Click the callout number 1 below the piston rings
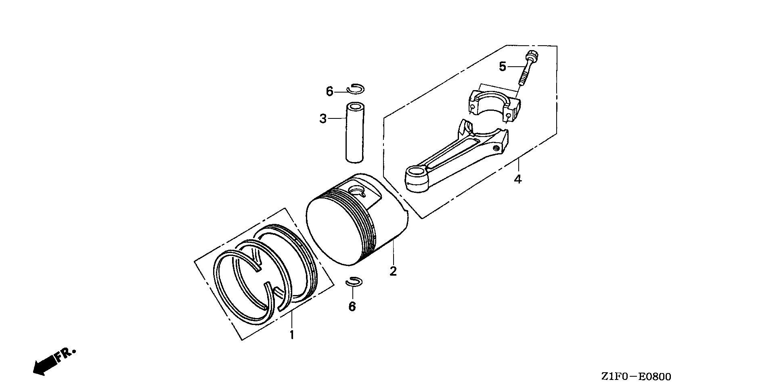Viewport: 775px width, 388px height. [291, 335]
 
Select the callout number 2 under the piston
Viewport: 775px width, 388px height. [393, 271]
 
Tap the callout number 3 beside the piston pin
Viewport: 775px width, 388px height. [323, 119]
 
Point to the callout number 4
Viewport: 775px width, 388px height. [518, 179]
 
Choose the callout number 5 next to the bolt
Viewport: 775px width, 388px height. [502, 66]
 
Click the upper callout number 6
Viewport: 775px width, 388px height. [330, 92]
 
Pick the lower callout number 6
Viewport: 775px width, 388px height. [352, 307]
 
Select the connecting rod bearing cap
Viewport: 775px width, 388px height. [493, 103]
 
